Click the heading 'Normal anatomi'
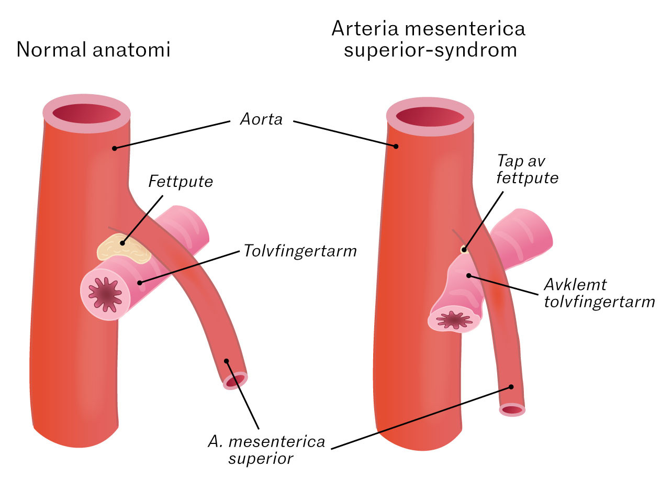coord(94,50)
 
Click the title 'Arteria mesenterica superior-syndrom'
coord(428,39)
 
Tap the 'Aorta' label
coord(261,119)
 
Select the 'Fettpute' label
coord(181,182)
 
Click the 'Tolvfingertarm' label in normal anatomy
coord(300,251)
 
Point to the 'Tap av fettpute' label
coord(528,169)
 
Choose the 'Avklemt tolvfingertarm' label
coord(599,293)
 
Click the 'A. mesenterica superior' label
coord(266,450)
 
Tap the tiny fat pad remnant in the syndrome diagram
coord(463,249)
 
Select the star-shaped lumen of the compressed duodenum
coord(453,319)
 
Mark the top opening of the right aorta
coord(430,116)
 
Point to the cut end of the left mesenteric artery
coord(235,381)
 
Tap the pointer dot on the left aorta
coord(114,148)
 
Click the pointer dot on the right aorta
coord(396,146)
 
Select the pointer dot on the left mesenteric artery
coord(226,361)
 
